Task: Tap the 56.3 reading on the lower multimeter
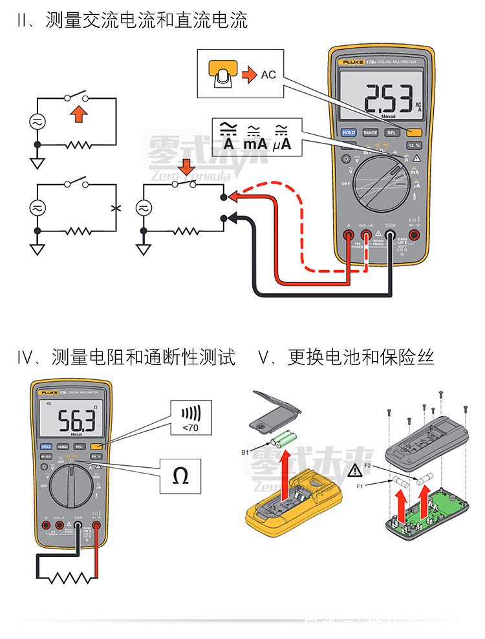(x=76, y=423)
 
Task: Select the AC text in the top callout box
(x=268, y=75)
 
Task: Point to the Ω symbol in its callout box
(x=181, y=477)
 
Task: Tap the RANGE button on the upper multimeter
(x=370, y=132)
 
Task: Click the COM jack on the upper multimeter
(x=391, y=235)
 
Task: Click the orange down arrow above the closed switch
(x=187, y=167)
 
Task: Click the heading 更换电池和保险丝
(x=361, y=357)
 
